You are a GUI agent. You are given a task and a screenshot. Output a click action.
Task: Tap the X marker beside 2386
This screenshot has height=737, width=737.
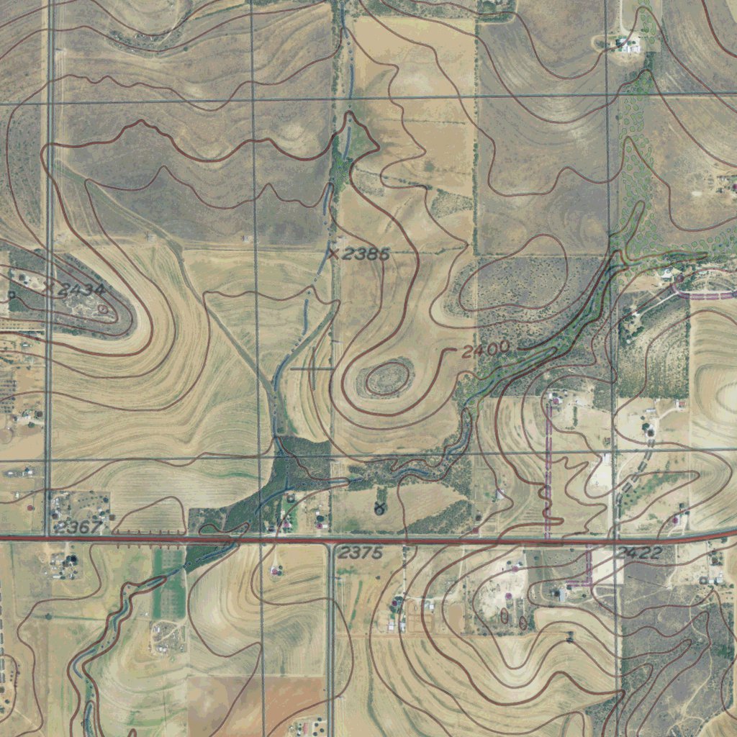point(333,253)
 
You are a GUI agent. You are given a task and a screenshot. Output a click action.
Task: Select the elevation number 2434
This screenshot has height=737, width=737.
point(82,290)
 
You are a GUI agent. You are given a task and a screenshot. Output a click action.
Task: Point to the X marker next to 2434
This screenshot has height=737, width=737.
point(48,287)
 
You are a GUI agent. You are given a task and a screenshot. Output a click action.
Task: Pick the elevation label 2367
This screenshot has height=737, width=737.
point(78,527)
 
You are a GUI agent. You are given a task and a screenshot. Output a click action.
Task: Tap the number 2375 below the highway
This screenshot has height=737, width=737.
point(360,553)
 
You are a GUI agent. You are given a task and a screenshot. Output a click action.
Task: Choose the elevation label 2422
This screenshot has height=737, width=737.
point(639,553)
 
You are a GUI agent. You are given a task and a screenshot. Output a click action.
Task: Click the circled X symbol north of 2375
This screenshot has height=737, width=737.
point(379,509)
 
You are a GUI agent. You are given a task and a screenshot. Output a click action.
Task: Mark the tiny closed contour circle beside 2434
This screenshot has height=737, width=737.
point(104,309)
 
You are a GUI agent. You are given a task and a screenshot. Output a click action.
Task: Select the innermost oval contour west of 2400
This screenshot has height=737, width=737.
point(389,376)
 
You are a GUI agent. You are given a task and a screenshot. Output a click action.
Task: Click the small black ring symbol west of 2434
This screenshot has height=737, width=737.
point(12,294)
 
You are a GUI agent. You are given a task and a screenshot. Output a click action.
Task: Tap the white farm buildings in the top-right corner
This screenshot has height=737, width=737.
point(628,45)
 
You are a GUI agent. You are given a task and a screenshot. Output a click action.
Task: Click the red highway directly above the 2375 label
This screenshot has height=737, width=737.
point(360,539)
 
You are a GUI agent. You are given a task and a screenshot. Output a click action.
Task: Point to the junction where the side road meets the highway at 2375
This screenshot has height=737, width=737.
point(330,541)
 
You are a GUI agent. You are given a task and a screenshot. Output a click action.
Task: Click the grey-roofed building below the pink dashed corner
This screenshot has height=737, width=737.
point(562,594)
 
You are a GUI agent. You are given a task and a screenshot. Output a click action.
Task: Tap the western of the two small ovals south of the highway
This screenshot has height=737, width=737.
point(504,617)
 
